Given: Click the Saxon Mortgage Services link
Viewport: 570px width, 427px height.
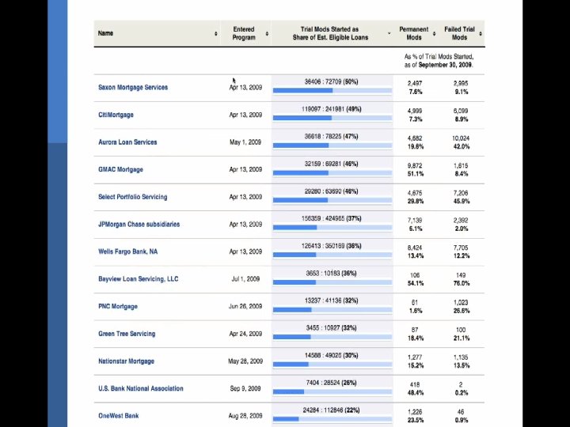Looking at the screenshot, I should pos(133,87).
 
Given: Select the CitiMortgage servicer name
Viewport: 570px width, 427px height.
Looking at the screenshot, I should pos(116,115).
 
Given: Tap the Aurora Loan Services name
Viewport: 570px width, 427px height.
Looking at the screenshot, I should pos(127,142).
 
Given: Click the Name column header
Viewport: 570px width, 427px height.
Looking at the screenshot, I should pos(105,33).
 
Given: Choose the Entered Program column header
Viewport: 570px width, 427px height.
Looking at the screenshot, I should pos(244,33).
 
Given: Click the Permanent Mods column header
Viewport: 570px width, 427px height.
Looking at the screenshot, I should pos(414,33).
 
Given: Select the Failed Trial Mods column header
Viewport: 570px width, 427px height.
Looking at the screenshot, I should pos(459,33).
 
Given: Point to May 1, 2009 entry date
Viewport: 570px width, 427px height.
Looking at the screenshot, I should pos(245,142).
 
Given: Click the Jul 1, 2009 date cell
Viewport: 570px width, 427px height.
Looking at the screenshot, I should pos(245,279).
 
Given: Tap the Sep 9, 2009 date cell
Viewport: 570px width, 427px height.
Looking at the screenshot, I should pos(245,388).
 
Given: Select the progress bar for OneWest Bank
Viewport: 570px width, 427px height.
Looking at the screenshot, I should pos(332,418).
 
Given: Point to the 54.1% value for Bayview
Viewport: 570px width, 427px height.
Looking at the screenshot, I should pos(415,283).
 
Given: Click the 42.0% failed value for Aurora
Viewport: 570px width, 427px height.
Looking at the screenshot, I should pos(461,146).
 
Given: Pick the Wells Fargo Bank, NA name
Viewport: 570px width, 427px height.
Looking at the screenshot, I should pos(127,251).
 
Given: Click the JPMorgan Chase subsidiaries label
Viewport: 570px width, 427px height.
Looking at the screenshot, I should pos(139,224).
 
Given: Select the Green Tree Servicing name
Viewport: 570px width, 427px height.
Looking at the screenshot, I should pos(127,334).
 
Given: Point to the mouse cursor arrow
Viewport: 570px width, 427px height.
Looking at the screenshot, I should pos(234,81).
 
